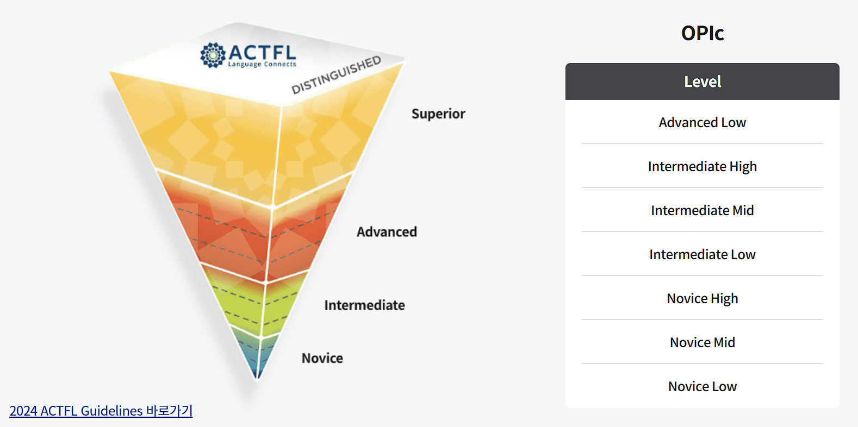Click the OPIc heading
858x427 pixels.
pos(702,33)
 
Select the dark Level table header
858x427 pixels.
pos(702,81)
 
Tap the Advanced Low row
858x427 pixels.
pos(702,123)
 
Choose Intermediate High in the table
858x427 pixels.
pos(702,167)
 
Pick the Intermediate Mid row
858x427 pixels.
pos(702,211)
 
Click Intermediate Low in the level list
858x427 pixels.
pos(702,255)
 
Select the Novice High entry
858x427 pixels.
pos(702,299)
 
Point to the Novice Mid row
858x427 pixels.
pos(702,343)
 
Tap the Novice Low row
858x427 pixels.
pos(702,387)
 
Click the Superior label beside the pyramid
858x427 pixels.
pos(438,114)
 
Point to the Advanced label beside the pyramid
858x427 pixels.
pos(387,232)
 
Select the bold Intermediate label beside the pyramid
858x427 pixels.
pos(364,305)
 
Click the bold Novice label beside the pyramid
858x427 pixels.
pos(322,359)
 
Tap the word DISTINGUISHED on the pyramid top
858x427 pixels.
pos(336,75)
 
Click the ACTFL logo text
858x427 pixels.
pos(262,52)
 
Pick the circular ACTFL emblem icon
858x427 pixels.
pos(213,55)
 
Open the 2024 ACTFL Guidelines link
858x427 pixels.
pos(101,411)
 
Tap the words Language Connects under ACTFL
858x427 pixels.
pos(262,65)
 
